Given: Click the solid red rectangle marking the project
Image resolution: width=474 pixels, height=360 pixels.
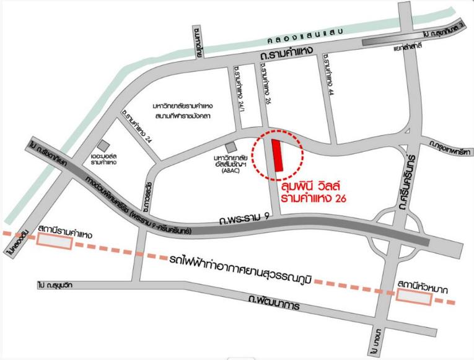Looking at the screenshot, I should coord(278,154).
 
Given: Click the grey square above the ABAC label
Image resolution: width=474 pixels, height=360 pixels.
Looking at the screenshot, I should coord(230,147).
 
